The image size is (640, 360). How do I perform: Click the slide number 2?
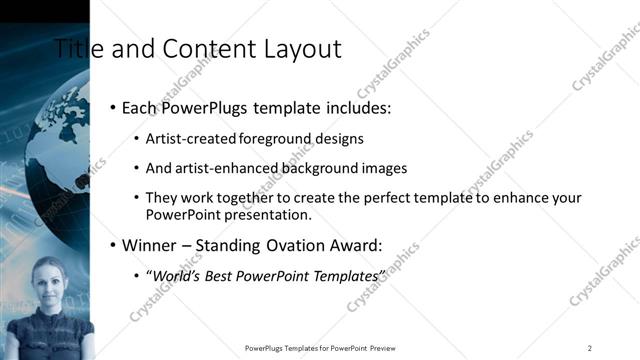(x=590, y=347)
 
